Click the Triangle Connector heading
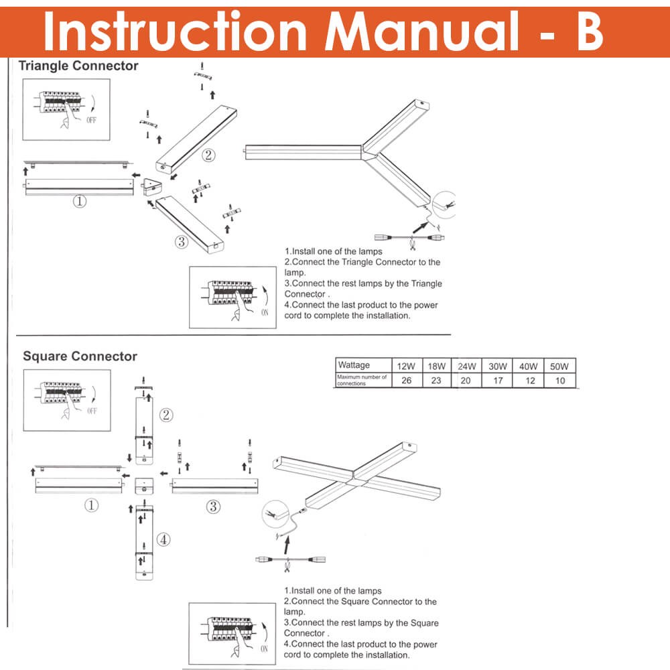[x=78, y=66]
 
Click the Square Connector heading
[x=80, y=356]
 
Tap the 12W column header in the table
[x=406, y=366]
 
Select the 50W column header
[x=559, y=366]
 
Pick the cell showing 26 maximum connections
[x=406, y=380]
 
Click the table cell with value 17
[x=496, y=380]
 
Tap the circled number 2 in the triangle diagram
[x=208, y=155]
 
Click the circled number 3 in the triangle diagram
[x=181, y=242]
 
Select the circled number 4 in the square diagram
[x=164, y=539]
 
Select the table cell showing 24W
[x=466, y=366]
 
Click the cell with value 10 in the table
[x=559, y=380]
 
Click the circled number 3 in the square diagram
[x=212, y=507]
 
